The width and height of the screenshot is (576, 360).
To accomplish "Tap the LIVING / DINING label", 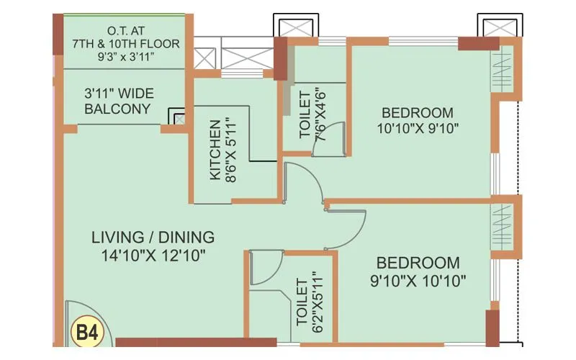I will click(153, 237).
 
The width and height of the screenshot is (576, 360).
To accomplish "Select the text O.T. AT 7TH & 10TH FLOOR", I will click(125, 37).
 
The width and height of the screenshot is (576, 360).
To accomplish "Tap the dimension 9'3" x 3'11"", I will click(125, 58).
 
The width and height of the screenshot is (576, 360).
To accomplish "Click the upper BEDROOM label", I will click(418, 112).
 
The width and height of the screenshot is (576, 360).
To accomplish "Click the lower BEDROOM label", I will click(418, 263).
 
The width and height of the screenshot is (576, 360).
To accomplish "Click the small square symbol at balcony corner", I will click(176, 116).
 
